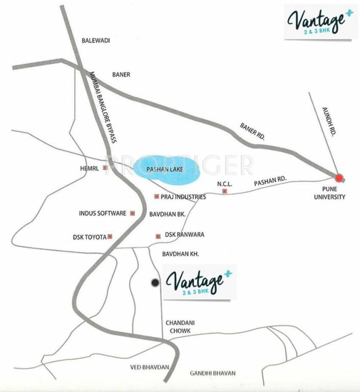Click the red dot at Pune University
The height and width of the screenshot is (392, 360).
(x=339, y=178)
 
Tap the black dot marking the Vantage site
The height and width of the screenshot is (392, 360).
(x=155, y=282)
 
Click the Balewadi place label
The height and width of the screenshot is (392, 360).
(x=96, y=40)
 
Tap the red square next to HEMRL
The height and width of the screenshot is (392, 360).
(x=106, y=167)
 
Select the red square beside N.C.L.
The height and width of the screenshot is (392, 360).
(x=224, y=191)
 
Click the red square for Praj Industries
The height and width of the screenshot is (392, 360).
(x=156, y=197)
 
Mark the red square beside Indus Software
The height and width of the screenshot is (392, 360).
(x=132, y=213)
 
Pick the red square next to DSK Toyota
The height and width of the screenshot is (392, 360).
(x=110, y=236)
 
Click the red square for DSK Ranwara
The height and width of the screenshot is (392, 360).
(x=158, y=235)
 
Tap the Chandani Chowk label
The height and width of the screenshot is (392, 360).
(x=178, y=327)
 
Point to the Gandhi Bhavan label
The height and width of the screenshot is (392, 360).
(x=212, y=374)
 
